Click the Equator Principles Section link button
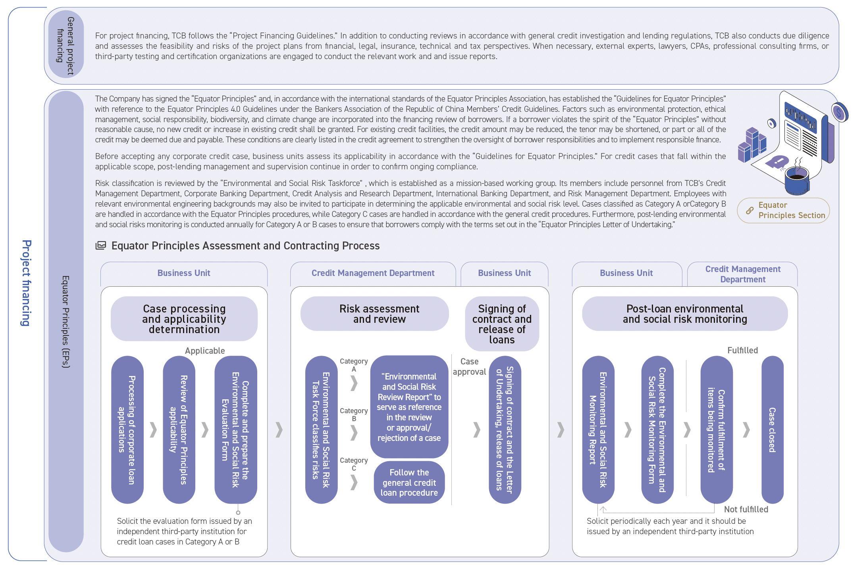(783, 210)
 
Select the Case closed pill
(772, 429)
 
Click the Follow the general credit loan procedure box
(409, 482)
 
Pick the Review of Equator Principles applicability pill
(179, 429)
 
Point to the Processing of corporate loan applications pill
(127, 429)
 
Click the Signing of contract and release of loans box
(502, 324)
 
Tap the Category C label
(354, 464)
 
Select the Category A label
(354, 365)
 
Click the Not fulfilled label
(746, 509)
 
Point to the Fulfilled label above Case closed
(742, 350)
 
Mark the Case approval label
(469, 366)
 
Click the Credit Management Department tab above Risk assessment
(373, 273)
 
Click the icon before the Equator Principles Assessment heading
(101, 245)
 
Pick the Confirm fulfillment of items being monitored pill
(717, 429)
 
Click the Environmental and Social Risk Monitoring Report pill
(598, 429)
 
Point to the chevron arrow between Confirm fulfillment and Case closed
(746, 429)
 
